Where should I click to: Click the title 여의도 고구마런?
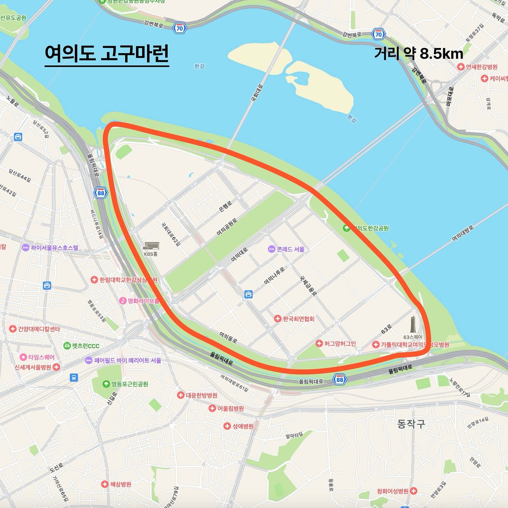pos(107,54)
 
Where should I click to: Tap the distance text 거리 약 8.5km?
pos(418,54)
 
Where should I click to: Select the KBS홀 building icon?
pos(151,246)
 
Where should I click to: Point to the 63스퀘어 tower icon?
pos(413,324)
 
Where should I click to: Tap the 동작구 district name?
pos(411,424)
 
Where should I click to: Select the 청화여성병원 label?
pos(393,491)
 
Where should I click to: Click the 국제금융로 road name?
pos(308,286)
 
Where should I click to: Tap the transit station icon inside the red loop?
pos(248,294)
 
